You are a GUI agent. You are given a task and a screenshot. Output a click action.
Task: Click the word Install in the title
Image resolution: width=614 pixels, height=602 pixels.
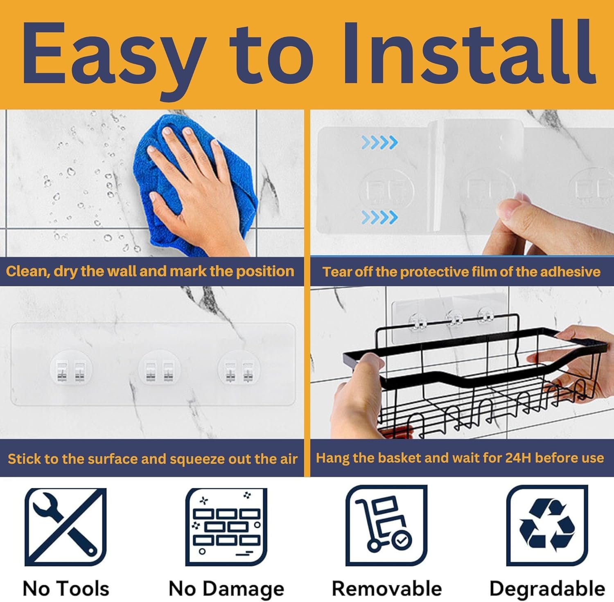(468, 53)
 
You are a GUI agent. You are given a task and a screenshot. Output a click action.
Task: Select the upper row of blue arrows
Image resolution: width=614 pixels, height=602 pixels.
(379, 142)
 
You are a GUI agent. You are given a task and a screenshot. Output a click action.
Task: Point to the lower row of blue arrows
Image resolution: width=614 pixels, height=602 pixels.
(379, 217)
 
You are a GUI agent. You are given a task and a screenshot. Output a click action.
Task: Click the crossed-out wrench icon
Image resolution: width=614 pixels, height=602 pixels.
(65, 527)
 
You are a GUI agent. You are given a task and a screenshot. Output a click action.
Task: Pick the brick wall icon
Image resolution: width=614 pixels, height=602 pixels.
(226, 527)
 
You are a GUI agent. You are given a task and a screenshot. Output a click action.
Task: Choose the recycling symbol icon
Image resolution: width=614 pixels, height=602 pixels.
(547, 526)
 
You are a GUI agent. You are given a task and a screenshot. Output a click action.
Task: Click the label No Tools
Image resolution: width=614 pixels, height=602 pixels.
(66, 589)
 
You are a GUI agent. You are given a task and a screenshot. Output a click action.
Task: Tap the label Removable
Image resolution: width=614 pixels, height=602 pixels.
(387, 589)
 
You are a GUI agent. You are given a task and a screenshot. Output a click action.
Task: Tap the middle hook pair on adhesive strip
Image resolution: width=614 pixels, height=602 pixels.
(159, 371)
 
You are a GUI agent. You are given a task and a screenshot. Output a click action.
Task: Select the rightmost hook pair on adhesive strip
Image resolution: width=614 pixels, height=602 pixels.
(239, 371)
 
